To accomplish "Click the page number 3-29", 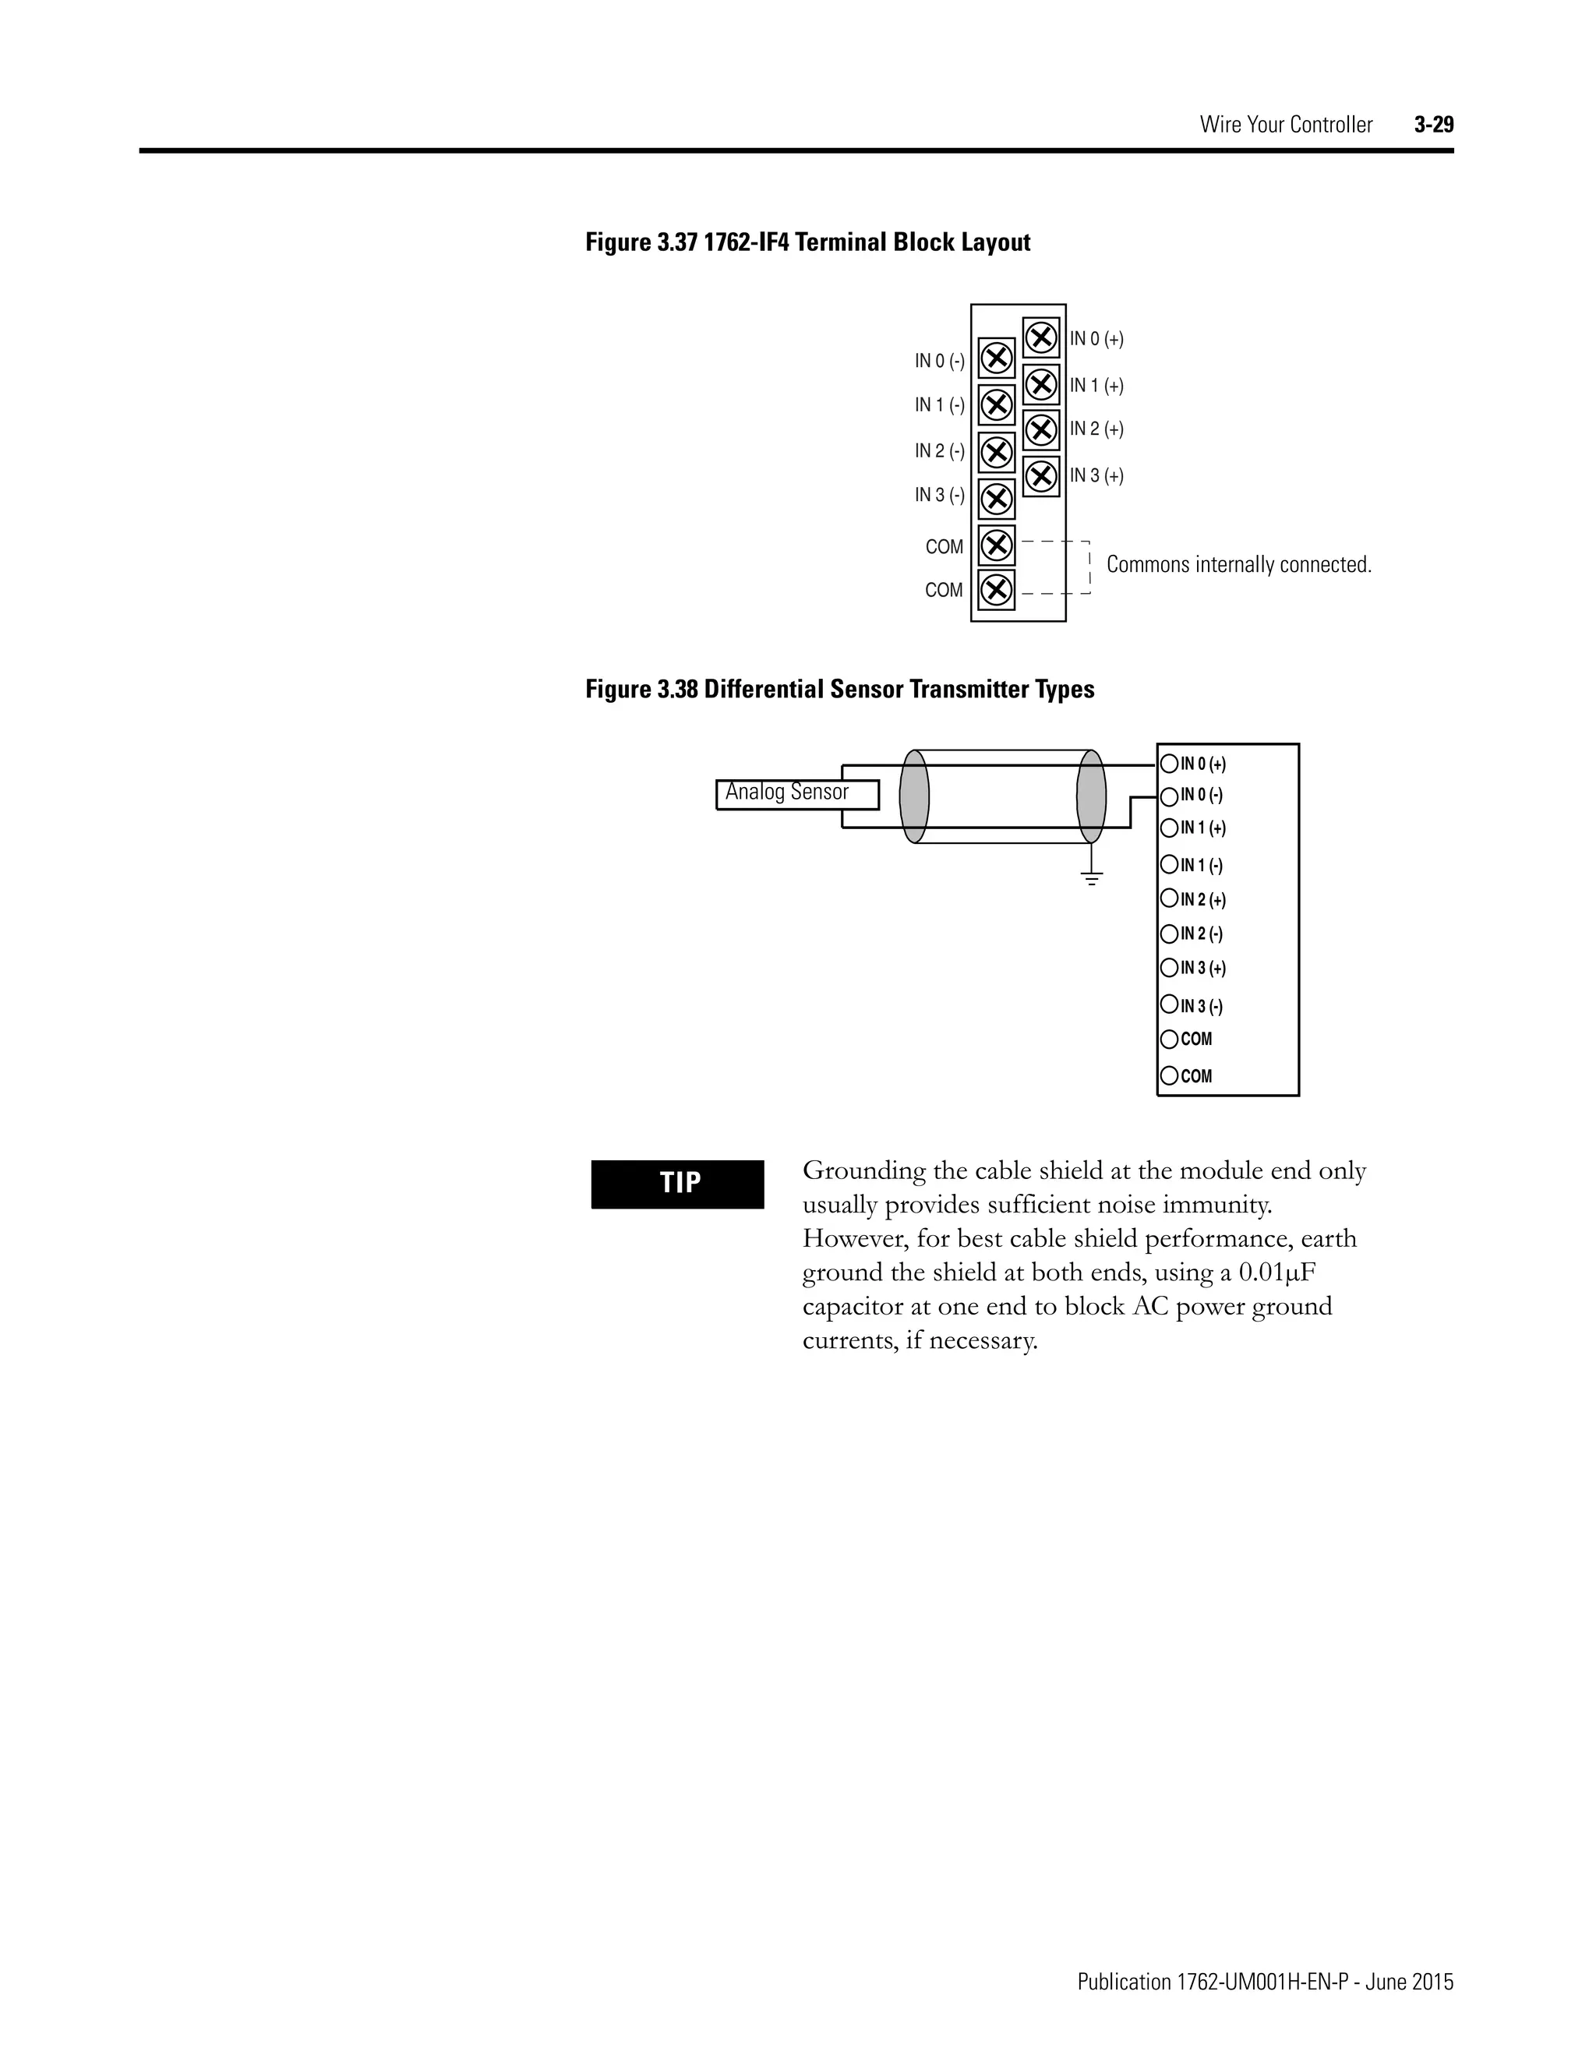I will [1433, 125].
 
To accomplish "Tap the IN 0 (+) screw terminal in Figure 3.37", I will [1041, 337].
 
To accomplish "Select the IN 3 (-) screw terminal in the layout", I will [996, 497].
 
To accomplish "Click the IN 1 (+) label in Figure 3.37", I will [1096, 386].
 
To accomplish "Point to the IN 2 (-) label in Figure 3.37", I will [939, 451].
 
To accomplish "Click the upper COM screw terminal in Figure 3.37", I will [996, 545].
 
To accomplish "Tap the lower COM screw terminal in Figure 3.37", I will [996, 590].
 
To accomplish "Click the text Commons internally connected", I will [1238, 564].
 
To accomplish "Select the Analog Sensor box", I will [796, 793].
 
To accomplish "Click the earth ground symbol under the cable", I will [1092, 879].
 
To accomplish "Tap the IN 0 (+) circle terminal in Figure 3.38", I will [1170, 764].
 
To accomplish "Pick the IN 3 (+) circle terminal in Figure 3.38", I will [1170, 968].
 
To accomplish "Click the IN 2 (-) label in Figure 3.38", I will [1201, 934].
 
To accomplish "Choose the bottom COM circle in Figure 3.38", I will [1170, 1076].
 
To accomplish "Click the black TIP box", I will [677, 1184].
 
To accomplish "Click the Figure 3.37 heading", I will [807, 243].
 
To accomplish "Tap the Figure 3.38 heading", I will [839, 690].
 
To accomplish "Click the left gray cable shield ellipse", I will [914, 796].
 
